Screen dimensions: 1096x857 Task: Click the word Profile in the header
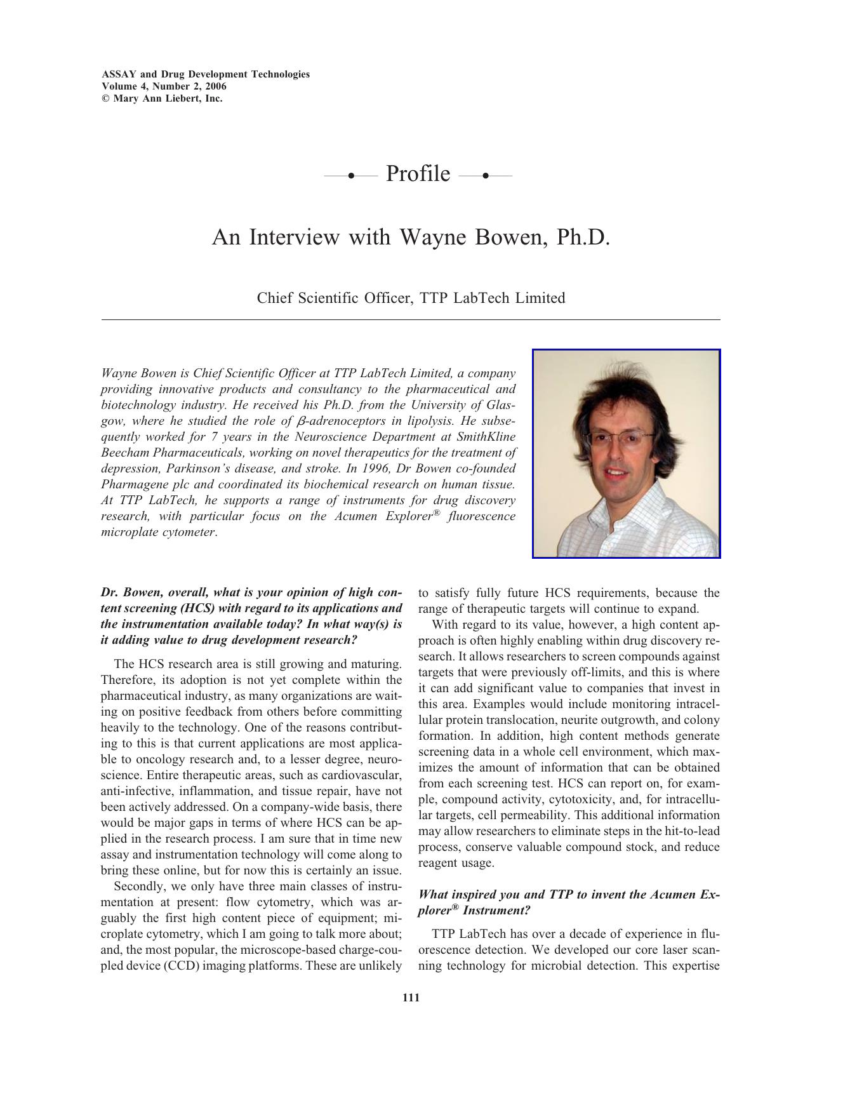(x=418, y=174)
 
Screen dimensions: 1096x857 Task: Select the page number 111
(x=411, y=998)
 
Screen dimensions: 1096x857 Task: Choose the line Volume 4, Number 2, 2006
(x=164, y=86)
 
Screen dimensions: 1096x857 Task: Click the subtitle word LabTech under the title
(x=481, y=298)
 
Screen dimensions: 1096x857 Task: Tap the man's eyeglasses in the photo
(x=619, y=439)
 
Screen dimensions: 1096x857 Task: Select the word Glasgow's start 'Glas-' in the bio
(x=502, y=405)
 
